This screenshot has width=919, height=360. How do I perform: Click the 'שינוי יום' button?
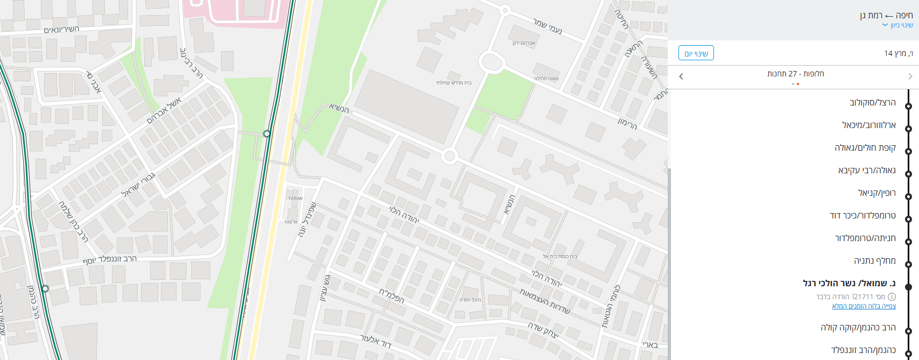[x=696, y=53]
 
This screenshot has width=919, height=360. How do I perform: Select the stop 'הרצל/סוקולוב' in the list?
[x=872, y=102]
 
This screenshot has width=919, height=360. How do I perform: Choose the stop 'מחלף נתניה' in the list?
[x=874, y=260]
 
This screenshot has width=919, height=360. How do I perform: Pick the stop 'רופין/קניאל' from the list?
[x=876, y=193]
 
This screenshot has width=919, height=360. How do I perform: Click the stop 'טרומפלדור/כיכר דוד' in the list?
[x=863, y=215]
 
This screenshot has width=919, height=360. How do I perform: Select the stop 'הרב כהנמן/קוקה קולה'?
[x=858, y=327]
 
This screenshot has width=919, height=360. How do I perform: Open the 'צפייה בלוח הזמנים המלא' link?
[x=864, y=306]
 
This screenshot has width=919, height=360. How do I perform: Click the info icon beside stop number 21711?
[x=892, y=297]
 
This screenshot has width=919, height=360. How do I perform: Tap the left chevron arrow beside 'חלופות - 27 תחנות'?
[x=681, y=76]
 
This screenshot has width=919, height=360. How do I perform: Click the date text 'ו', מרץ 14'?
[x=898, y=53]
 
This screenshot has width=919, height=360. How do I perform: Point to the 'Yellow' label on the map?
[x=295, y=198]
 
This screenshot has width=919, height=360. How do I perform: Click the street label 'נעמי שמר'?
[x=548, y=26]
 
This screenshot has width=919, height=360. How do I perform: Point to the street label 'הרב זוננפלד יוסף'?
[x=110, y=259]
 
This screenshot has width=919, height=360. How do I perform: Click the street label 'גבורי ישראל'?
[x=139, y=185]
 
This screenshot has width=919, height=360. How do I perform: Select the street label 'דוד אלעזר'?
[x=375, y=340]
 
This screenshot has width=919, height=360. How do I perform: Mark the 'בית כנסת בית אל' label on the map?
[x=560, y=257]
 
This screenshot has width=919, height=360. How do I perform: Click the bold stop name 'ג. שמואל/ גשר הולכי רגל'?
[x=849, y=283]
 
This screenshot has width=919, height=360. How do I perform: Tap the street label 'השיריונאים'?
[x=61, y=30]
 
